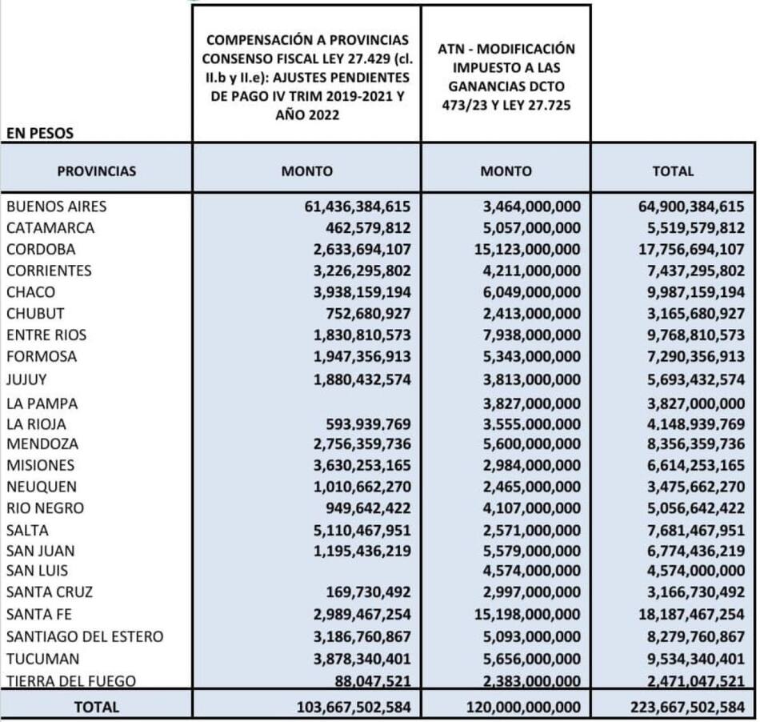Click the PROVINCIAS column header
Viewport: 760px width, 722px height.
coord(97,171)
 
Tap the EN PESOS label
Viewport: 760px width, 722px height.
coord(40,134)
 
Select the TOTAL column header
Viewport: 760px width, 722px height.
coord(673,171)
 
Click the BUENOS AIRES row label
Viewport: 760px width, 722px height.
coord(56,207)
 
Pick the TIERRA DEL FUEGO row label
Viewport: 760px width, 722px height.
coord(70,681)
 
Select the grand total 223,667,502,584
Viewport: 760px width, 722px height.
coord(678,707)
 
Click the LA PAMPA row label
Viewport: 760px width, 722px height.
coord(42,404)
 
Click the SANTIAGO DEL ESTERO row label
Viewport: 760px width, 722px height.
coord(85,637)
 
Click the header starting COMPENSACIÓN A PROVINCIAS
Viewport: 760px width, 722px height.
coord(306,77)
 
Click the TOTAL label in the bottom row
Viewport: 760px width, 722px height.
coord(96,707)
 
